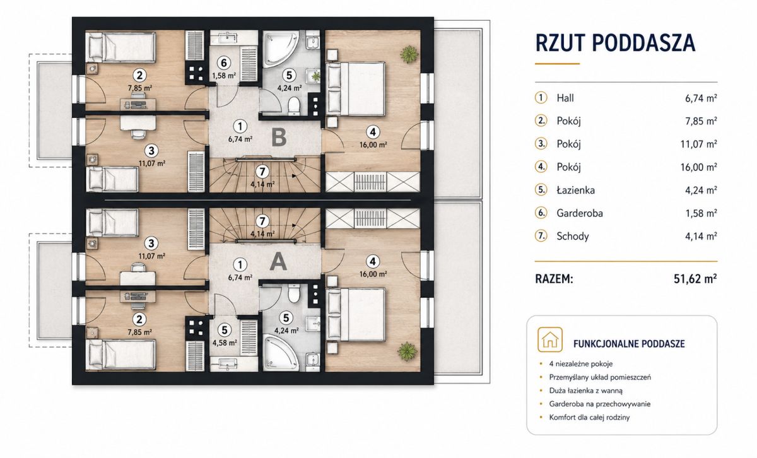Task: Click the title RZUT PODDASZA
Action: tap(615, 43)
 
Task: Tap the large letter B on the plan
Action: tap(279, 138)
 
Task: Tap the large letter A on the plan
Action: tap(278, 261)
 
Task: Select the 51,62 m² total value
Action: tap(695, 279)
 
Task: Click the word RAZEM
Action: tap(555, 279)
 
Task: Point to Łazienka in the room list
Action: tap(575, 191)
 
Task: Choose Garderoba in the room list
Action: tap(580, 213)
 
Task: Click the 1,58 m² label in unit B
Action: tap(224, 76)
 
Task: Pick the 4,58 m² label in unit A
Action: tap(225, 343)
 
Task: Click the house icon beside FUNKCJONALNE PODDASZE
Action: tap(550, 339)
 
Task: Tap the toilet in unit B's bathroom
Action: tap(295, 105)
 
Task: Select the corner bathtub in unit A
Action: tap(280, 352)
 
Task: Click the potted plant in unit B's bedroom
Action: tap(409, 54)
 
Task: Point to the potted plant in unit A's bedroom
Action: tap(408, 351)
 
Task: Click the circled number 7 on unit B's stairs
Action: tap(262, 172)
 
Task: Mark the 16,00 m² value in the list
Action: tap(698, 167)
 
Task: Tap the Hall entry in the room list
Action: tap(565, 98)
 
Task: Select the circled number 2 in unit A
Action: tap(139, 319)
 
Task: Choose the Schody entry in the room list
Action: tap(573, 237)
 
